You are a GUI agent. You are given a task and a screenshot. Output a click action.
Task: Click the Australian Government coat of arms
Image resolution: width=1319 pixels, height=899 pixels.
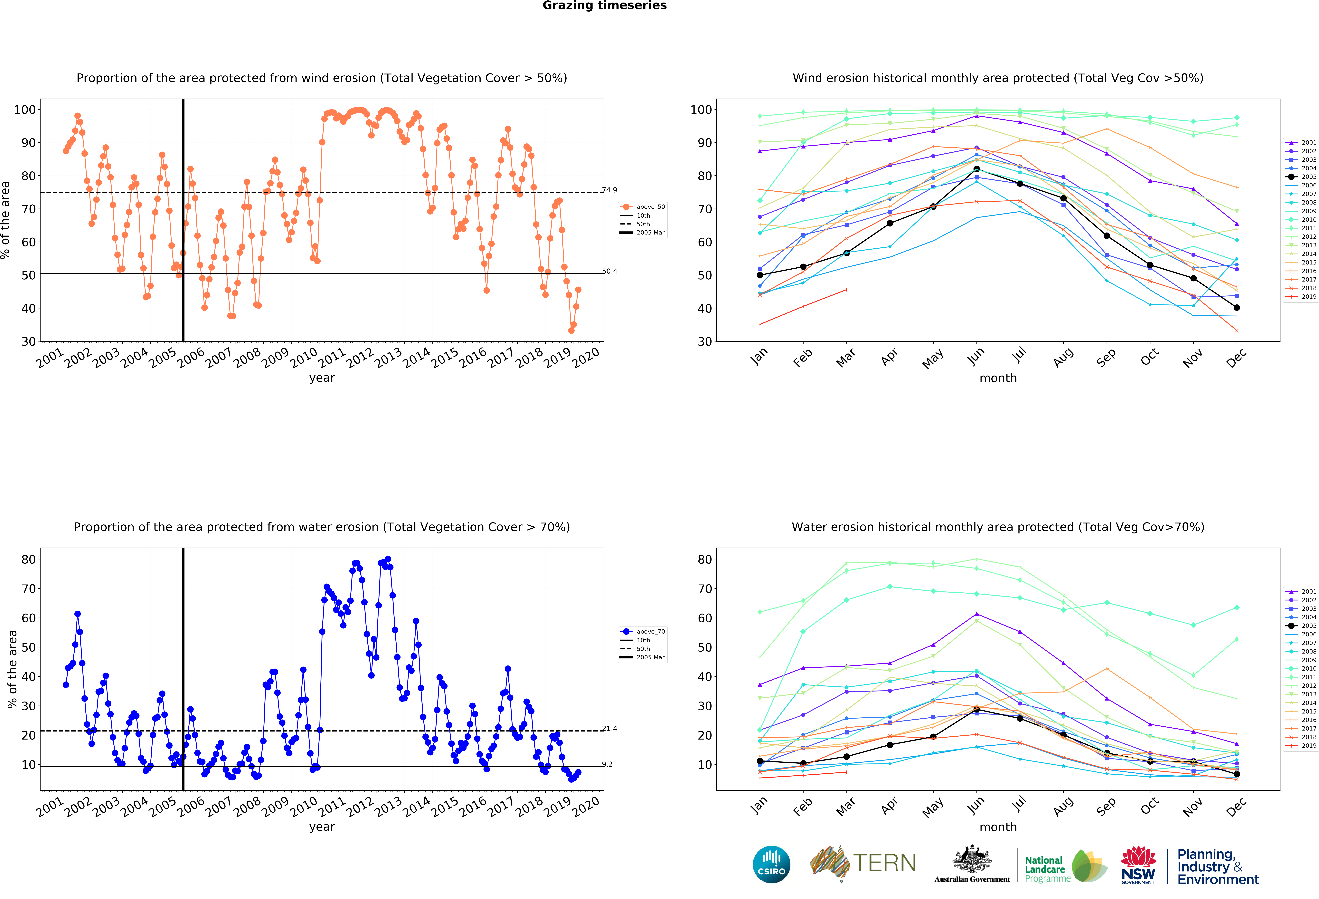972,859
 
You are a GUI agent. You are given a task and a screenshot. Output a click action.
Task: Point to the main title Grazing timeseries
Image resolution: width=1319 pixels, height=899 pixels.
604,6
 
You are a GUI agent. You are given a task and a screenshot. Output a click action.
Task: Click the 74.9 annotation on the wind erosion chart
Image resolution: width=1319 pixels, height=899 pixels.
610,190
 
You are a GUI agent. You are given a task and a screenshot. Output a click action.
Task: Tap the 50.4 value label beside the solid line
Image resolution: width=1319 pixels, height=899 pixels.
610,271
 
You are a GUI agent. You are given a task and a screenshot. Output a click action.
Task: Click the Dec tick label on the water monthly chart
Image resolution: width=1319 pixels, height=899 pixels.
1236,806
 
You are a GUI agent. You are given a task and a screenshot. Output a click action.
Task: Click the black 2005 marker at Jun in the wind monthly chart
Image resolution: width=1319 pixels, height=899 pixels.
976,169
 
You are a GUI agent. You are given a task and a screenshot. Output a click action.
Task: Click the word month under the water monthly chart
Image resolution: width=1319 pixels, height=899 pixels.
998,827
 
